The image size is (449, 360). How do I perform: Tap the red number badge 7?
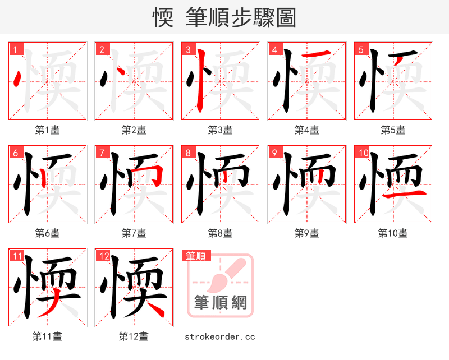click(x=102, y=153)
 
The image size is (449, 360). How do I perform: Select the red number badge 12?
click(x=103, y=257)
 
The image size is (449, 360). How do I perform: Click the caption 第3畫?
click(x=220, y=130)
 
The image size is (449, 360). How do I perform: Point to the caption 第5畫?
click(x=393, y=130)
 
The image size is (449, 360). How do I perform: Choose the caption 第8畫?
click(x=220, y=233)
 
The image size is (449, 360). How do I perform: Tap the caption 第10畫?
click(x=393, y=233)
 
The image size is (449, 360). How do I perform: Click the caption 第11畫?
click(x=47, y=336)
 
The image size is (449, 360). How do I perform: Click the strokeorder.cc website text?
click(x=220, y=336)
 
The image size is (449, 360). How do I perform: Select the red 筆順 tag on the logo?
click(x=196, y=256)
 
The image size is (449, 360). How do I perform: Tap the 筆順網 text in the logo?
click(x=220, y=303)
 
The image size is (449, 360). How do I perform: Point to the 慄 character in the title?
click(x=163, y=18)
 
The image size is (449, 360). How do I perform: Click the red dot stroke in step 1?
click(x=17, y=79)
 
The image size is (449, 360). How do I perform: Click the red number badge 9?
click(x=274, y=153)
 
